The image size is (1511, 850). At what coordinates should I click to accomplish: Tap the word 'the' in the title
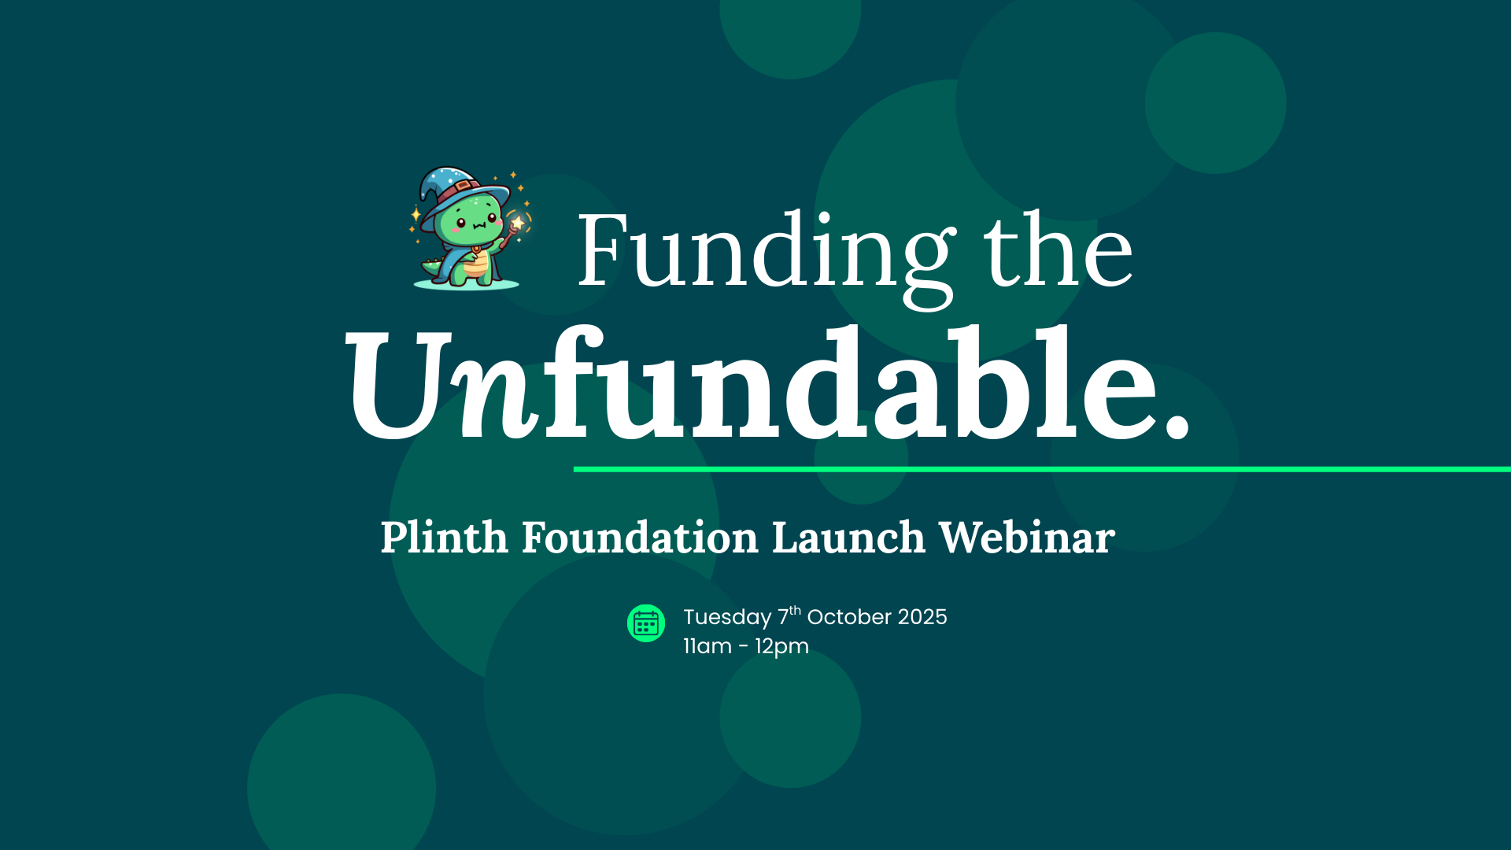(x=1058, y=249)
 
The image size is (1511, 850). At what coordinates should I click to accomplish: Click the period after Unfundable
(x=1177, y=425)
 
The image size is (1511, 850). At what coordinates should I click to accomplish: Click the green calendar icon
(x=646, y=623)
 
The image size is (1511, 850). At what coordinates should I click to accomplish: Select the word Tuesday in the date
(x=727, y=617)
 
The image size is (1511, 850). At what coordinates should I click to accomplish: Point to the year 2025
(x=922, y=617)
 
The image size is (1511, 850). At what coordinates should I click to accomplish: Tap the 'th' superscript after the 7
(x=796, y=610)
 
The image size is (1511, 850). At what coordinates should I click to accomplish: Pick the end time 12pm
(x=782, y=647)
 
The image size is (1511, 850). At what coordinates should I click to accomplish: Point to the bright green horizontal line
(x=1042, y=469)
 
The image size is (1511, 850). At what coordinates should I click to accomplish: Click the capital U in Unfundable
(x=400, y=383)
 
